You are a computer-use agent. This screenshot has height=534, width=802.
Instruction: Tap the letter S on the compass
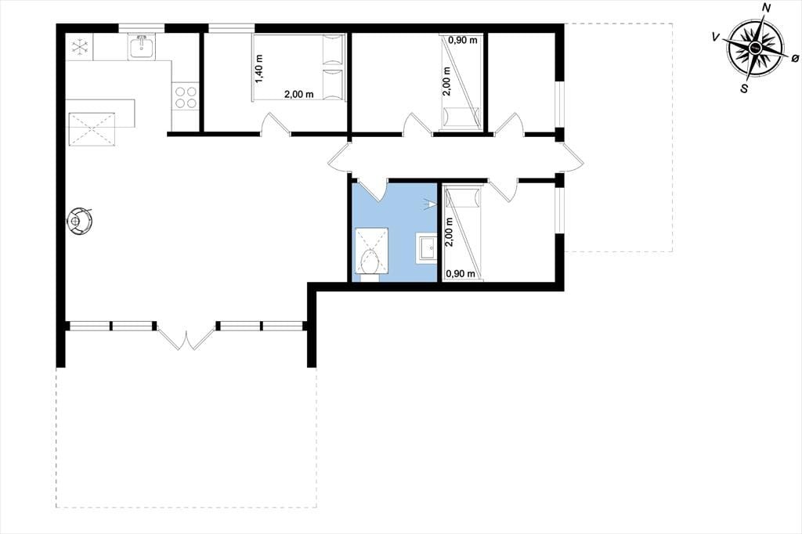[744, 88]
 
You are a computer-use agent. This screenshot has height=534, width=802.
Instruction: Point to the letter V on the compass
[716, 37]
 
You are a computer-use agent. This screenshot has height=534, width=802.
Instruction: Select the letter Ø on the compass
[794, 59]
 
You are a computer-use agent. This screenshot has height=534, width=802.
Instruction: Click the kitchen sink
[143, 48]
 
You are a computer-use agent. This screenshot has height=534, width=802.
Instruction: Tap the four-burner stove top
[185, 96]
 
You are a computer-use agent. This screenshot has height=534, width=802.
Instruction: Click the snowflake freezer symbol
[80, 47]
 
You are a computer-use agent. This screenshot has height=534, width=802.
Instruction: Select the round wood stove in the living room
[79, 221]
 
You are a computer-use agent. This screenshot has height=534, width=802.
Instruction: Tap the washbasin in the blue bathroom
[425, 248]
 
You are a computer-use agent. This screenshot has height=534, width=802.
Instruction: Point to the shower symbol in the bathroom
[429, 205]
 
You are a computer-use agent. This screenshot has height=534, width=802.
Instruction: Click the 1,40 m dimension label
[258, 69]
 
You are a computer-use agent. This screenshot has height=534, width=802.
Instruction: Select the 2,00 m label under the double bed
[299, 94]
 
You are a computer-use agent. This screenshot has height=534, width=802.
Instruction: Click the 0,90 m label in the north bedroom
[462, 40]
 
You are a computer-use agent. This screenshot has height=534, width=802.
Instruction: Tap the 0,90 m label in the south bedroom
[461, 273]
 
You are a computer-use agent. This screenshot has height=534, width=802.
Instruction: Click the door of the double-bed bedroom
[276, 125]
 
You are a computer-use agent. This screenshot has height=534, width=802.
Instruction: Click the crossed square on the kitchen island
[92, 128]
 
